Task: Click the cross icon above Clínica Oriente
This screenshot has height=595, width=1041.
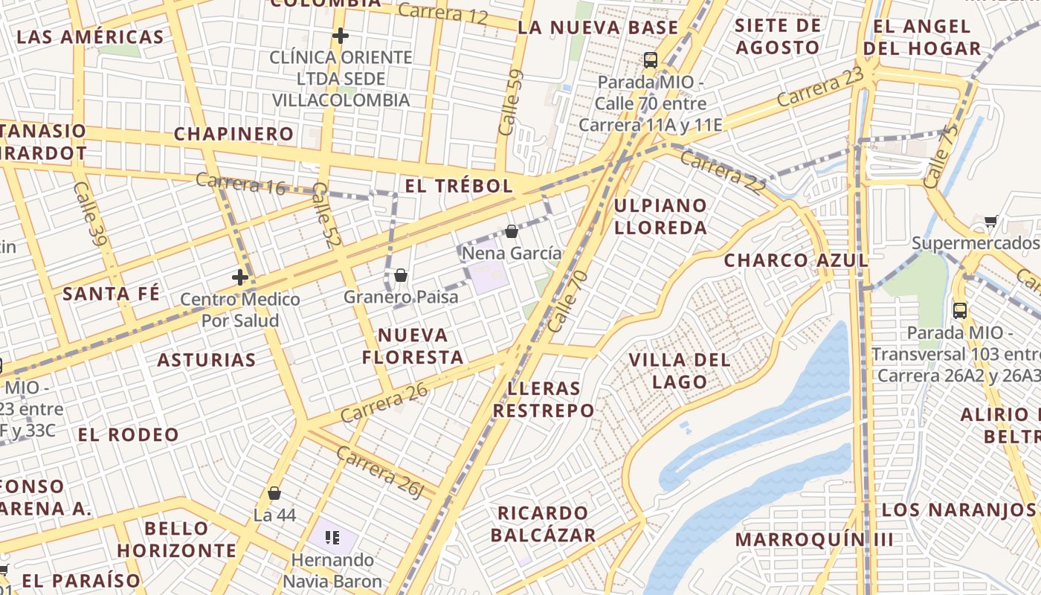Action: pyautogui.click(x=341, y=36)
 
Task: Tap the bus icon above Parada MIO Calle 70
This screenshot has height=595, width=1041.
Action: pyautogui.click(x=651, y=60)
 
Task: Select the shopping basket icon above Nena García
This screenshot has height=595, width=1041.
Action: pyautogui.click(x=512, y=231)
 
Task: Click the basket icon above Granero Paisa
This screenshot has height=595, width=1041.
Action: pyautogui.click(x=401, y=275)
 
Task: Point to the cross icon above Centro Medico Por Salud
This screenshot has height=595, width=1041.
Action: pyautogui.click(x=239, y=278)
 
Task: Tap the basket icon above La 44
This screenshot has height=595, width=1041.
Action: pyautogui.click(x=274, y=493)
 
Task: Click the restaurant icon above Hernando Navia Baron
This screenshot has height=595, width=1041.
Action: pyautogui.click(x=332, y=537)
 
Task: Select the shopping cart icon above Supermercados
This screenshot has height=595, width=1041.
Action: pyautogui.click(x=990, y=221)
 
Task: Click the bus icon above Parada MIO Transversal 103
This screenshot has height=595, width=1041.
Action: pyautogui.click(x=960, y=310)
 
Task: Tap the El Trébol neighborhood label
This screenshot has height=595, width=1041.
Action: pyautogui.click(x=460, y=186)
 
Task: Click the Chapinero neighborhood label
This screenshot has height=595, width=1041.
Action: pyautogui.click(x=233, y=134)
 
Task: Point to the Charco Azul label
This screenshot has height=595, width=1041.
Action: pyautogui.click(x=796, y=260)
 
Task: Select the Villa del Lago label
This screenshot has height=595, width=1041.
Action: pyautogui.click(x=680, y=371)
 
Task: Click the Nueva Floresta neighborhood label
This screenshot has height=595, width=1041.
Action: pyautogui.click(x=413, y=346)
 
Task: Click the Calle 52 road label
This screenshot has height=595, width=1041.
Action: pyautogui.click(x=321, y=216)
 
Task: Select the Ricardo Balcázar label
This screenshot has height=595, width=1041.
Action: pyautogui.click(x=543, y=524)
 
